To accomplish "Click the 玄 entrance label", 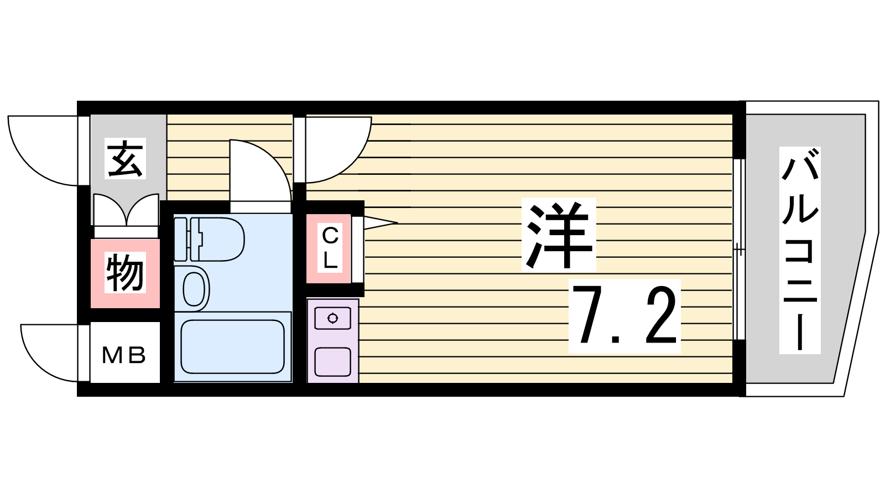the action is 125,158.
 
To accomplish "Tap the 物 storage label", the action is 125,273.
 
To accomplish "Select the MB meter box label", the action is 124,355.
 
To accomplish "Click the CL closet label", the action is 330,248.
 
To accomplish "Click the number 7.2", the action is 624,316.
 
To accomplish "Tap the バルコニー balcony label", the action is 800,250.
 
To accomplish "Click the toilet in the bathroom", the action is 210,240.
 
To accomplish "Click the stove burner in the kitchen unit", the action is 332,318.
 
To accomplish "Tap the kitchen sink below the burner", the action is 332,362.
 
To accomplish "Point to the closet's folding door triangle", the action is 380,222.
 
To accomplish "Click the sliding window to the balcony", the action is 739,250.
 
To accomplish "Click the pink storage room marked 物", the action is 125,273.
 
